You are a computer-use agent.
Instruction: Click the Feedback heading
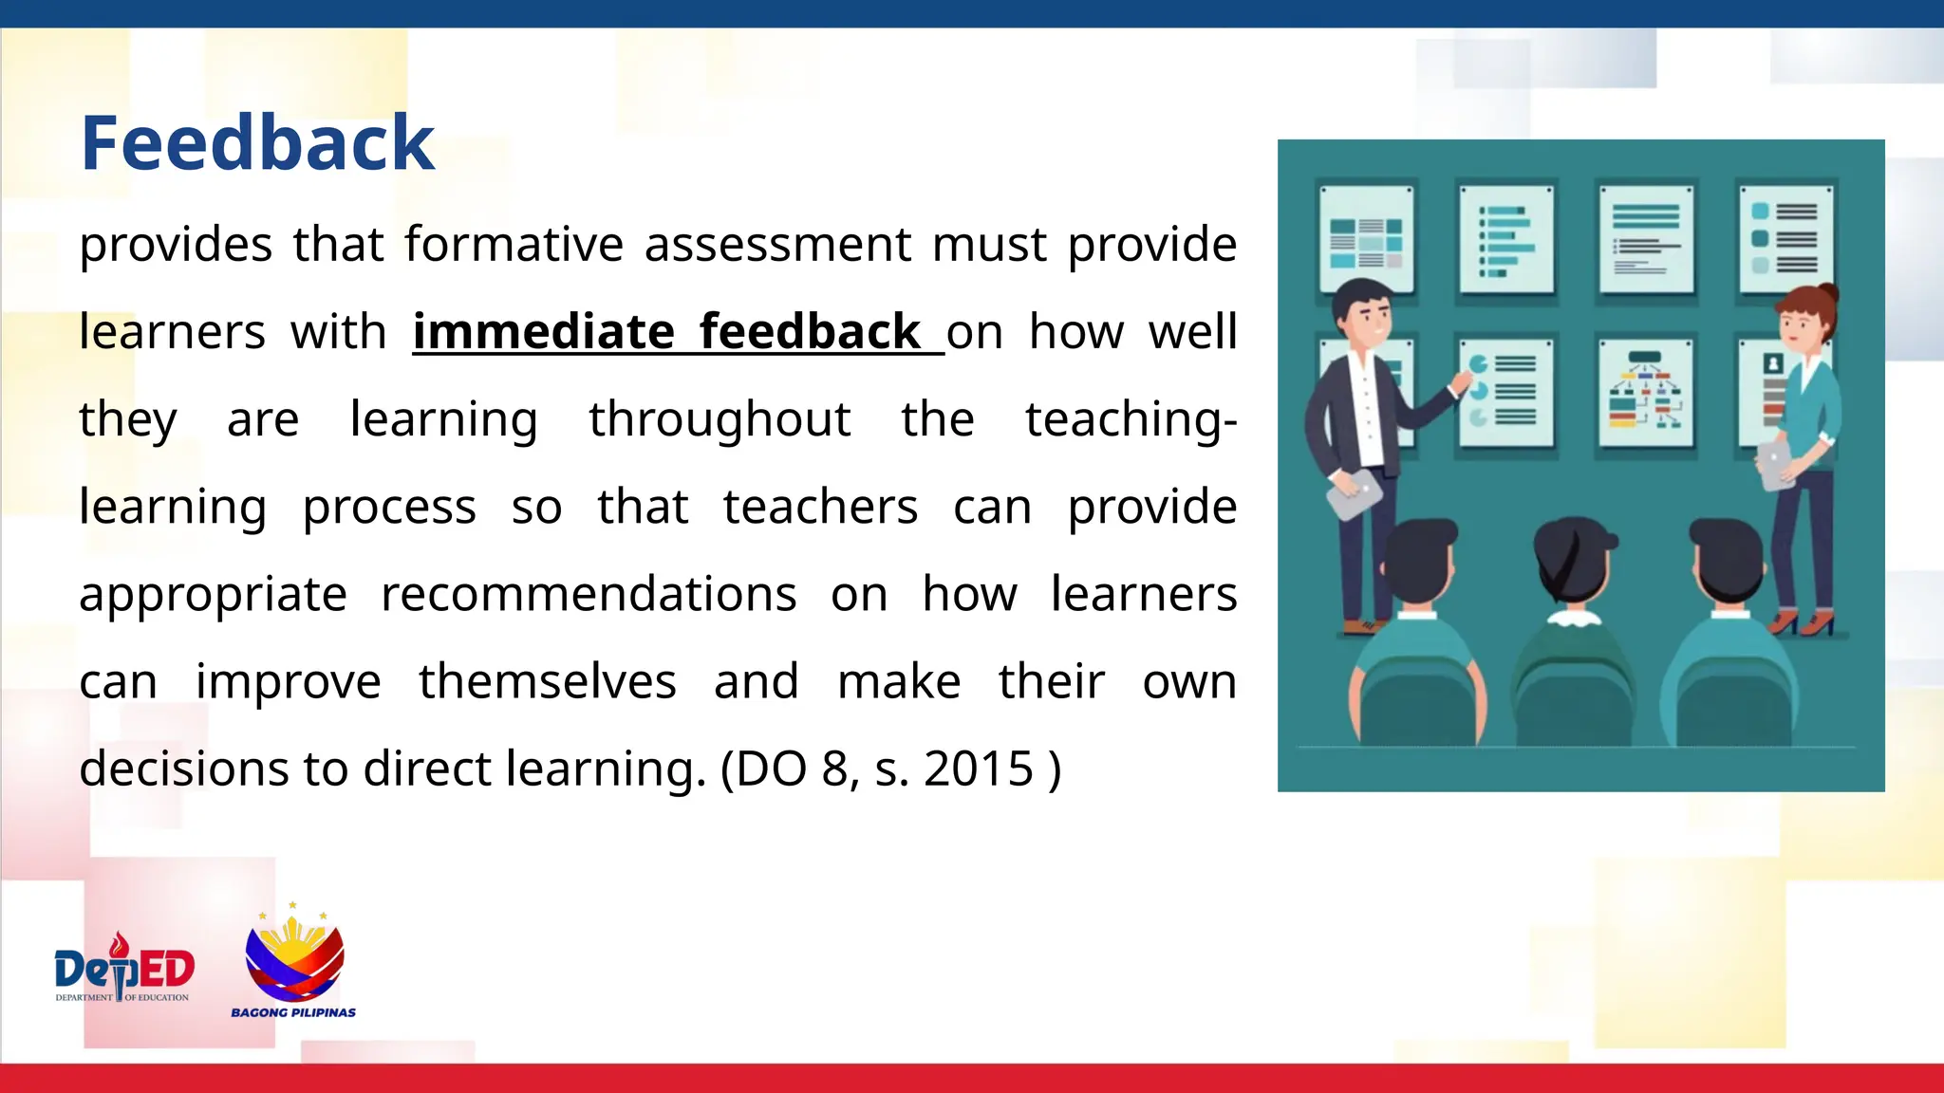[x=257, y=143]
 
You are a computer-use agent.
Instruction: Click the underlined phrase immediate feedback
[x=666, y=332]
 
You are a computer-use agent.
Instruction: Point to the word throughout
[x=720, y=419]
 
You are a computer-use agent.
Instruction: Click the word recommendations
[x=589, y=595]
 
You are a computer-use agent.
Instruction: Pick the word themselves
[x=548, y=682]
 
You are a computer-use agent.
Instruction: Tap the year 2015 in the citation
[x=979, y=769]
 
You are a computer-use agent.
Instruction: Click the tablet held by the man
[x=1354, y=492]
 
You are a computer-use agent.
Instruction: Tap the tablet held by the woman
[x=1775, y=465]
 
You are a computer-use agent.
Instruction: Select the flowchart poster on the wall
[x=1645, y=393]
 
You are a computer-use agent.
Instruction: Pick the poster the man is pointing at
[x=1505, y=391]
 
